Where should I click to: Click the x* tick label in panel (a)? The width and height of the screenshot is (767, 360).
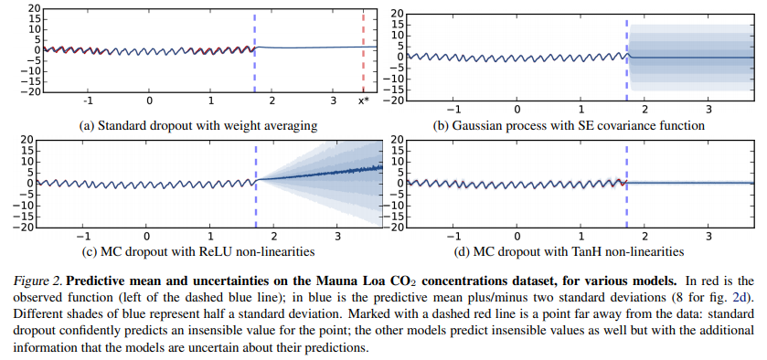pyautogui.click(x=363, y=101)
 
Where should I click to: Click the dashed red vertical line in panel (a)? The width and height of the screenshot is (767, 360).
pyautogui.click(x=363, y=53)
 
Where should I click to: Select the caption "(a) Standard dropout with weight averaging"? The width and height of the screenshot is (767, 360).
pyautogui.click(x=198, y=126)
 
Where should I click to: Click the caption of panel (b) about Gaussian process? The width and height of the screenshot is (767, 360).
pyautogui.click(x=569, y=126)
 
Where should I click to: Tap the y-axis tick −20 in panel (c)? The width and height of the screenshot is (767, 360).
pyautogui.click(x=27, y=228)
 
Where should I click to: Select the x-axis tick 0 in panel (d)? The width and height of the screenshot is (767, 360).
pyautogui.click(x=517, y=237)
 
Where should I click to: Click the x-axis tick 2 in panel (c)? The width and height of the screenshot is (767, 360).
pyautogui.click(x=273, y=237)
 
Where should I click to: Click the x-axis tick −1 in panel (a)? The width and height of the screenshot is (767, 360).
pyautogui.click(x=88, y=101)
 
